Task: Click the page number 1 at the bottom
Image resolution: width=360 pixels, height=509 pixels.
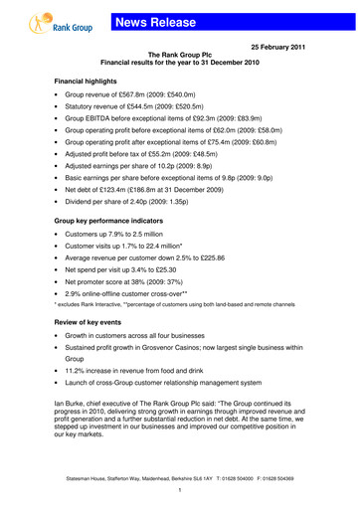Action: pos(179,491)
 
